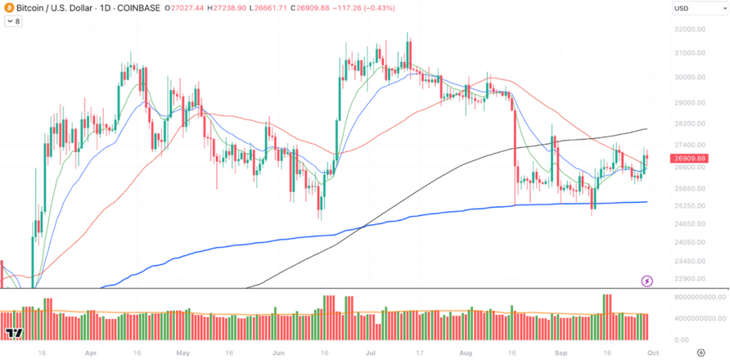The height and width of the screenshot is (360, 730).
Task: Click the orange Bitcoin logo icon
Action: click(x=9, y=7)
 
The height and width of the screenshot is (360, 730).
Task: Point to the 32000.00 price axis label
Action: click(x=690, y=30)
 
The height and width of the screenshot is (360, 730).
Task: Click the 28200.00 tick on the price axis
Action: click(x=690, y=124)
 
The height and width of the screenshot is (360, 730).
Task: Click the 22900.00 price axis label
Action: click(x=690, y=278)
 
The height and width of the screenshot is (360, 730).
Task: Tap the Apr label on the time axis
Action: click(x=91, y=351)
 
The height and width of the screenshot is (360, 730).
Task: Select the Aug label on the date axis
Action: click(x=466, y=351)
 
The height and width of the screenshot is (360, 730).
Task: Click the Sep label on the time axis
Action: click(x=561, y=351)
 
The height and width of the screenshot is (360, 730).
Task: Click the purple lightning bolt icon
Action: click(x=646, y=280)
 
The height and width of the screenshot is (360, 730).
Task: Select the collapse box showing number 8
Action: click(x=13, y=22)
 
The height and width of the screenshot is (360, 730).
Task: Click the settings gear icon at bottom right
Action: click(x=701, y=351)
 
